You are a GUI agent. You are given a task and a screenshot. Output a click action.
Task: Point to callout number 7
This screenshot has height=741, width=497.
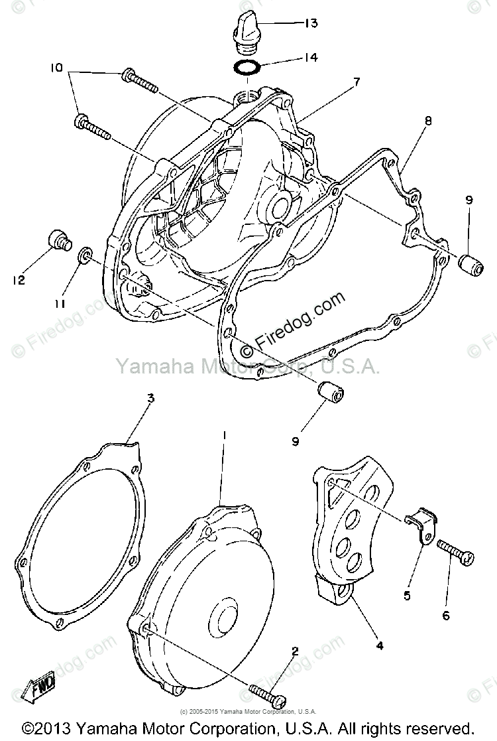[x=356, y=82]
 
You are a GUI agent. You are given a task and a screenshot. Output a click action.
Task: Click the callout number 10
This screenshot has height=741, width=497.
[x=56, y=68]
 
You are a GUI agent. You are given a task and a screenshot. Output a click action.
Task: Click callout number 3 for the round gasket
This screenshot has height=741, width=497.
[x=150, y=399]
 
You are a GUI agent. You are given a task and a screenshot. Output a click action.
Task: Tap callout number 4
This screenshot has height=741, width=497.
[x=379, y=644]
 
